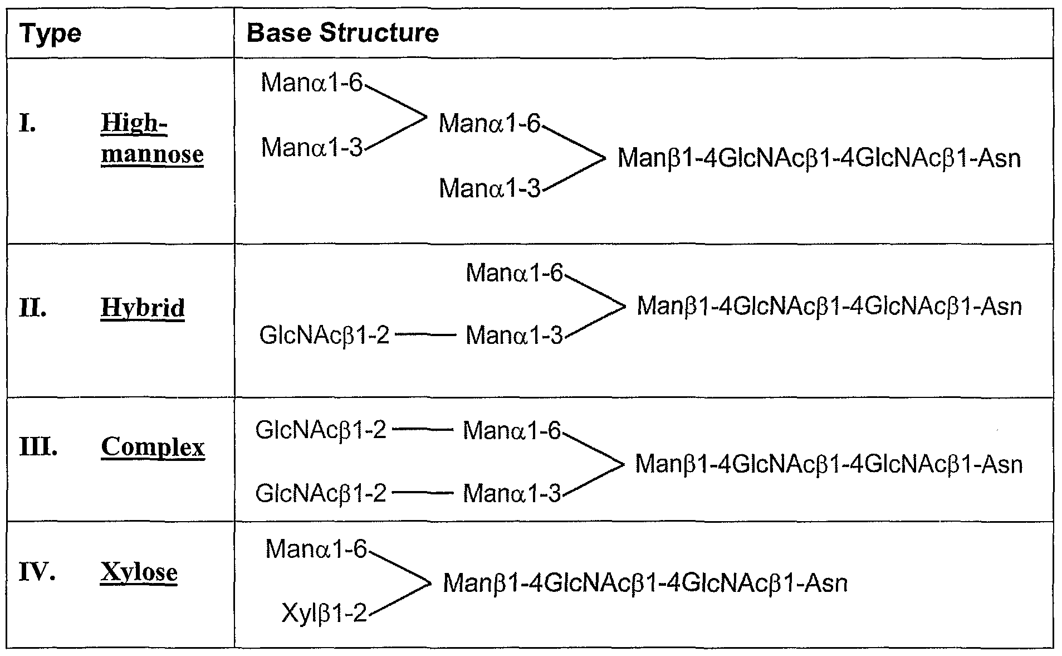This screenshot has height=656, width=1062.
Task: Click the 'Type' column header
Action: (50, 34)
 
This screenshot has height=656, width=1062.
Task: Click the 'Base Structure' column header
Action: (342, 33)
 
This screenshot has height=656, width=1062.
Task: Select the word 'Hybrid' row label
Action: (143, 308)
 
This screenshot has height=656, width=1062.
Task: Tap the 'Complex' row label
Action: (153, 447)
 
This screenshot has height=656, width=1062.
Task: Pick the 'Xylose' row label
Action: (139, 572)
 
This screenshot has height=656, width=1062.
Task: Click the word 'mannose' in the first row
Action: (152, 154)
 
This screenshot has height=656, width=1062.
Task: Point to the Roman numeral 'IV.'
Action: (37, 572)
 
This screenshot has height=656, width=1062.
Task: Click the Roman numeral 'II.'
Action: (33, 308)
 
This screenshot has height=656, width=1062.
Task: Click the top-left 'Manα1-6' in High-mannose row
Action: (312, 84)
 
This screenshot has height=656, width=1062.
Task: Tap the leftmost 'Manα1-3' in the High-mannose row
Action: (312, 148)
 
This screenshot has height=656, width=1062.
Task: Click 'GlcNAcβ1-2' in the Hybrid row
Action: (324, 336)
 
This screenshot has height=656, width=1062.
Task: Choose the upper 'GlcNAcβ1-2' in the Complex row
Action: (321, 431)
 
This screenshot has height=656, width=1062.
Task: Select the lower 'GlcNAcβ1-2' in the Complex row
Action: (321, 494)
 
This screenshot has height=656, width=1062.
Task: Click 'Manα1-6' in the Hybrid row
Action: (514, 274)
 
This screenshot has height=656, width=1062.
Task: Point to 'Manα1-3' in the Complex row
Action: (512, 494)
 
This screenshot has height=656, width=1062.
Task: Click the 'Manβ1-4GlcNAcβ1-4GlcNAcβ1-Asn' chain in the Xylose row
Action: (645, 584)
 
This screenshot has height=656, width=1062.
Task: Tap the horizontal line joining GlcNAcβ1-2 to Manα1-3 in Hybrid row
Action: (427, 336)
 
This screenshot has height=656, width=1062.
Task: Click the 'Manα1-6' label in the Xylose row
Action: (316, 550)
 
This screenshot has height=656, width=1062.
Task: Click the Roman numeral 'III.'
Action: (38, 447)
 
